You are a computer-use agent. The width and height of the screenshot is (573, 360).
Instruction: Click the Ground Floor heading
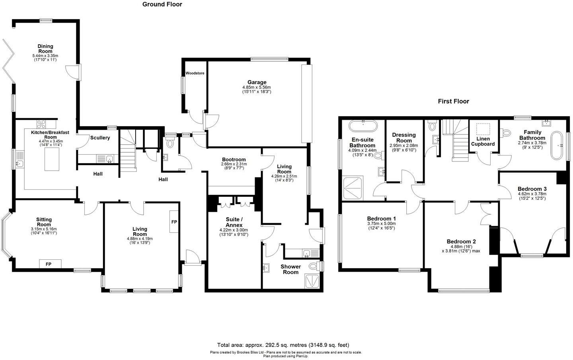click(162, 4)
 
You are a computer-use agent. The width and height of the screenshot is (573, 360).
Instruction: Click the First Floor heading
click(453, 101)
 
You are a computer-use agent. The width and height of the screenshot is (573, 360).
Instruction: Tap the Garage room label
click(256, 82)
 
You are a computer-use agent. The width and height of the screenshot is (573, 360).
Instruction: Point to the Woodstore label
click(195, 74)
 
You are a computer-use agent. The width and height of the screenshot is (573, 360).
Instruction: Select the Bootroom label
click(234, 160)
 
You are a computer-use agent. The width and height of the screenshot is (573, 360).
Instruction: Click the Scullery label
click(100, 138)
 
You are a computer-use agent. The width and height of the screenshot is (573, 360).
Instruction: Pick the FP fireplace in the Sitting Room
click(50, 264)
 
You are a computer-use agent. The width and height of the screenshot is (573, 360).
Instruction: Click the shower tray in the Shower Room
click(313, 281)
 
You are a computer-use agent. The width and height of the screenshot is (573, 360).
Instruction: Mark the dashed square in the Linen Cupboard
click(483, 129)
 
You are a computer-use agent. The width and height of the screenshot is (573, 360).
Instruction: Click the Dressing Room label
click(404, 138)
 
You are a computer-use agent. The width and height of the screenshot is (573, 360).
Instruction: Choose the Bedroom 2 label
click(461, 241)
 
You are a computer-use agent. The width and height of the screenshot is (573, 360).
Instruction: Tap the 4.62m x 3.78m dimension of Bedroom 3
click(532, 194)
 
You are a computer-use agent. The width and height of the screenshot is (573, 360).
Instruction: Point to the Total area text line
click(283, 345)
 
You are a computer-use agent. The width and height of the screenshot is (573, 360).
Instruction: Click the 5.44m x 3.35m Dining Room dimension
click(45, 56)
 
